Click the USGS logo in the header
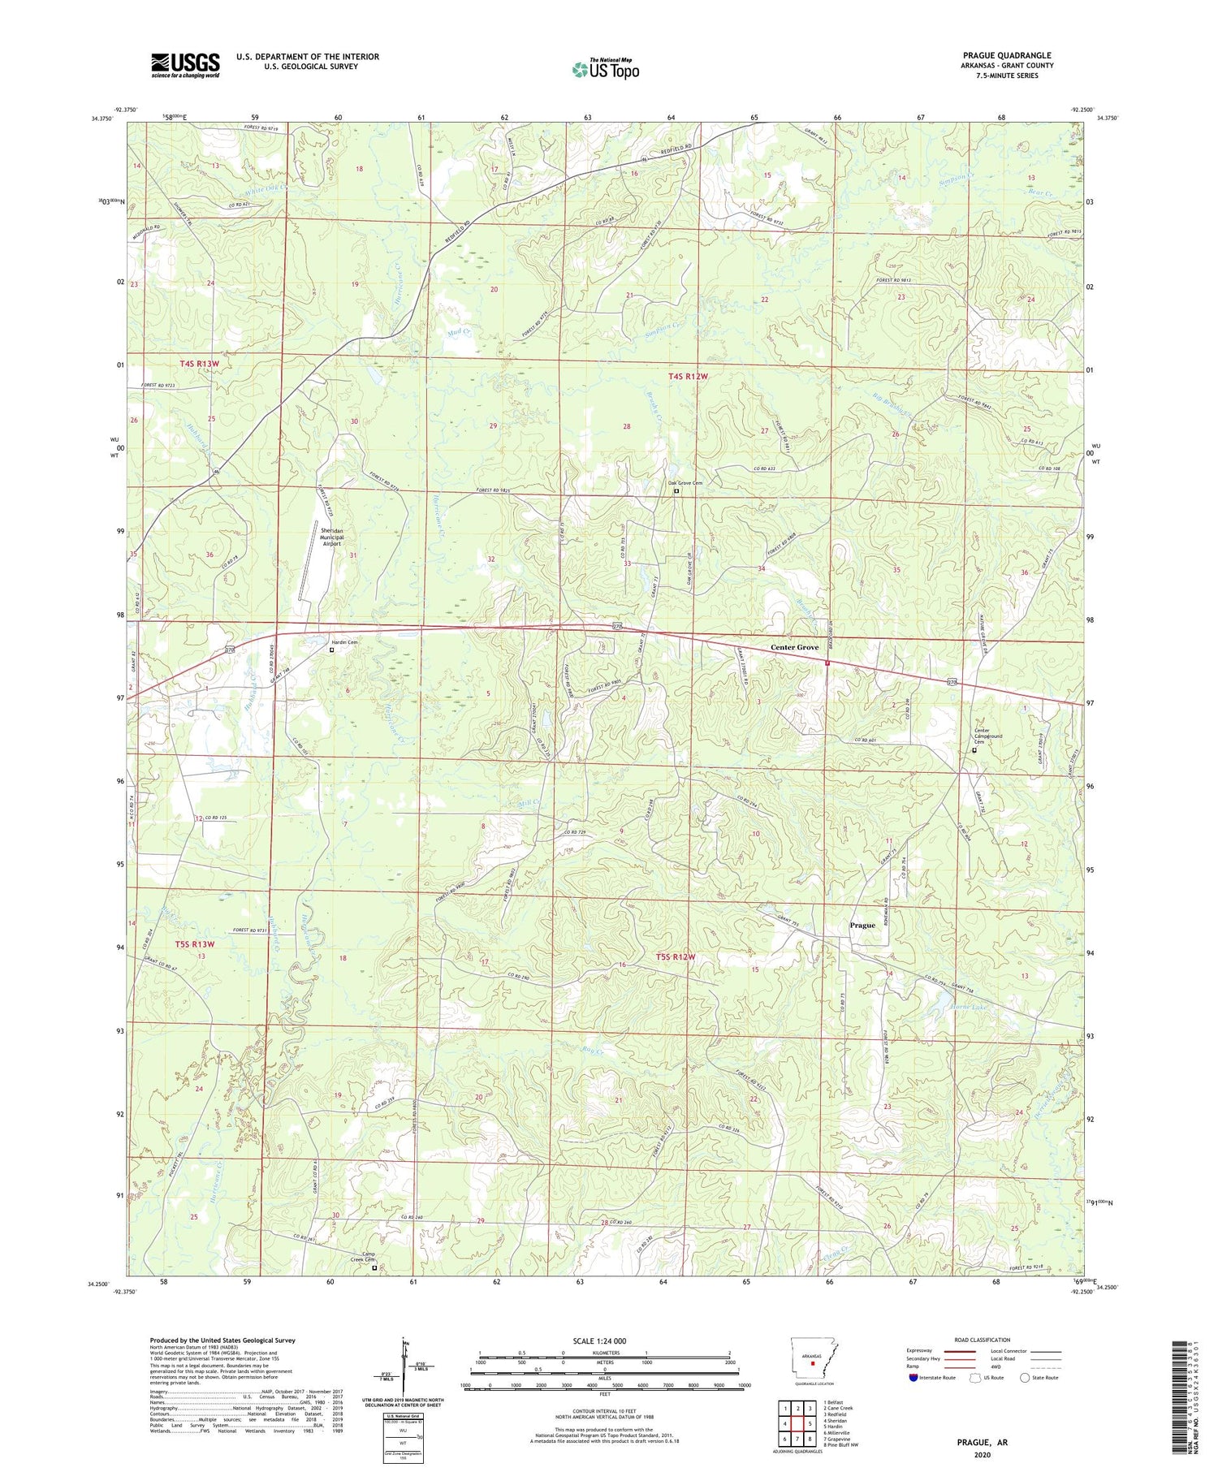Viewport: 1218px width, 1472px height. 185,65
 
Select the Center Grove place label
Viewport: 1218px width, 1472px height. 794,647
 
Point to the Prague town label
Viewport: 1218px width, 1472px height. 862,925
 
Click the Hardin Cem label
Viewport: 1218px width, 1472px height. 342,641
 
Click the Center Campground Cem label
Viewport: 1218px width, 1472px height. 988,736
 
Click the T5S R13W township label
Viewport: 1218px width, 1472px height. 195,943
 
